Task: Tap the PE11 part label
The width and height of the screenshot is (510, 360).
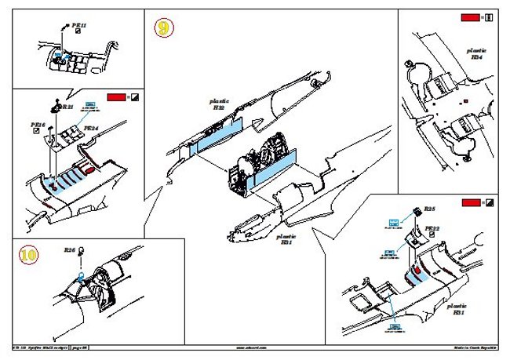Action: coord(78,25)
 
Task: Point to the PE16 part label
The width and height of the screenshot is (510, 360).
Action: coord(38,124)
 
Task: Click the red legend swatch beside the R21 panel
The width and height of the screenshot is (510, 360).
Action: coord(115,96)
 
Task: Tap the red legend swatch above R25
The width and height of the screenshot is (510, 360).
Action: coord(470,203)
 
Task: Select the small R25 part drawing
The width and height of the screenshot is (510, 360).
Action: coord(417,209)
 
